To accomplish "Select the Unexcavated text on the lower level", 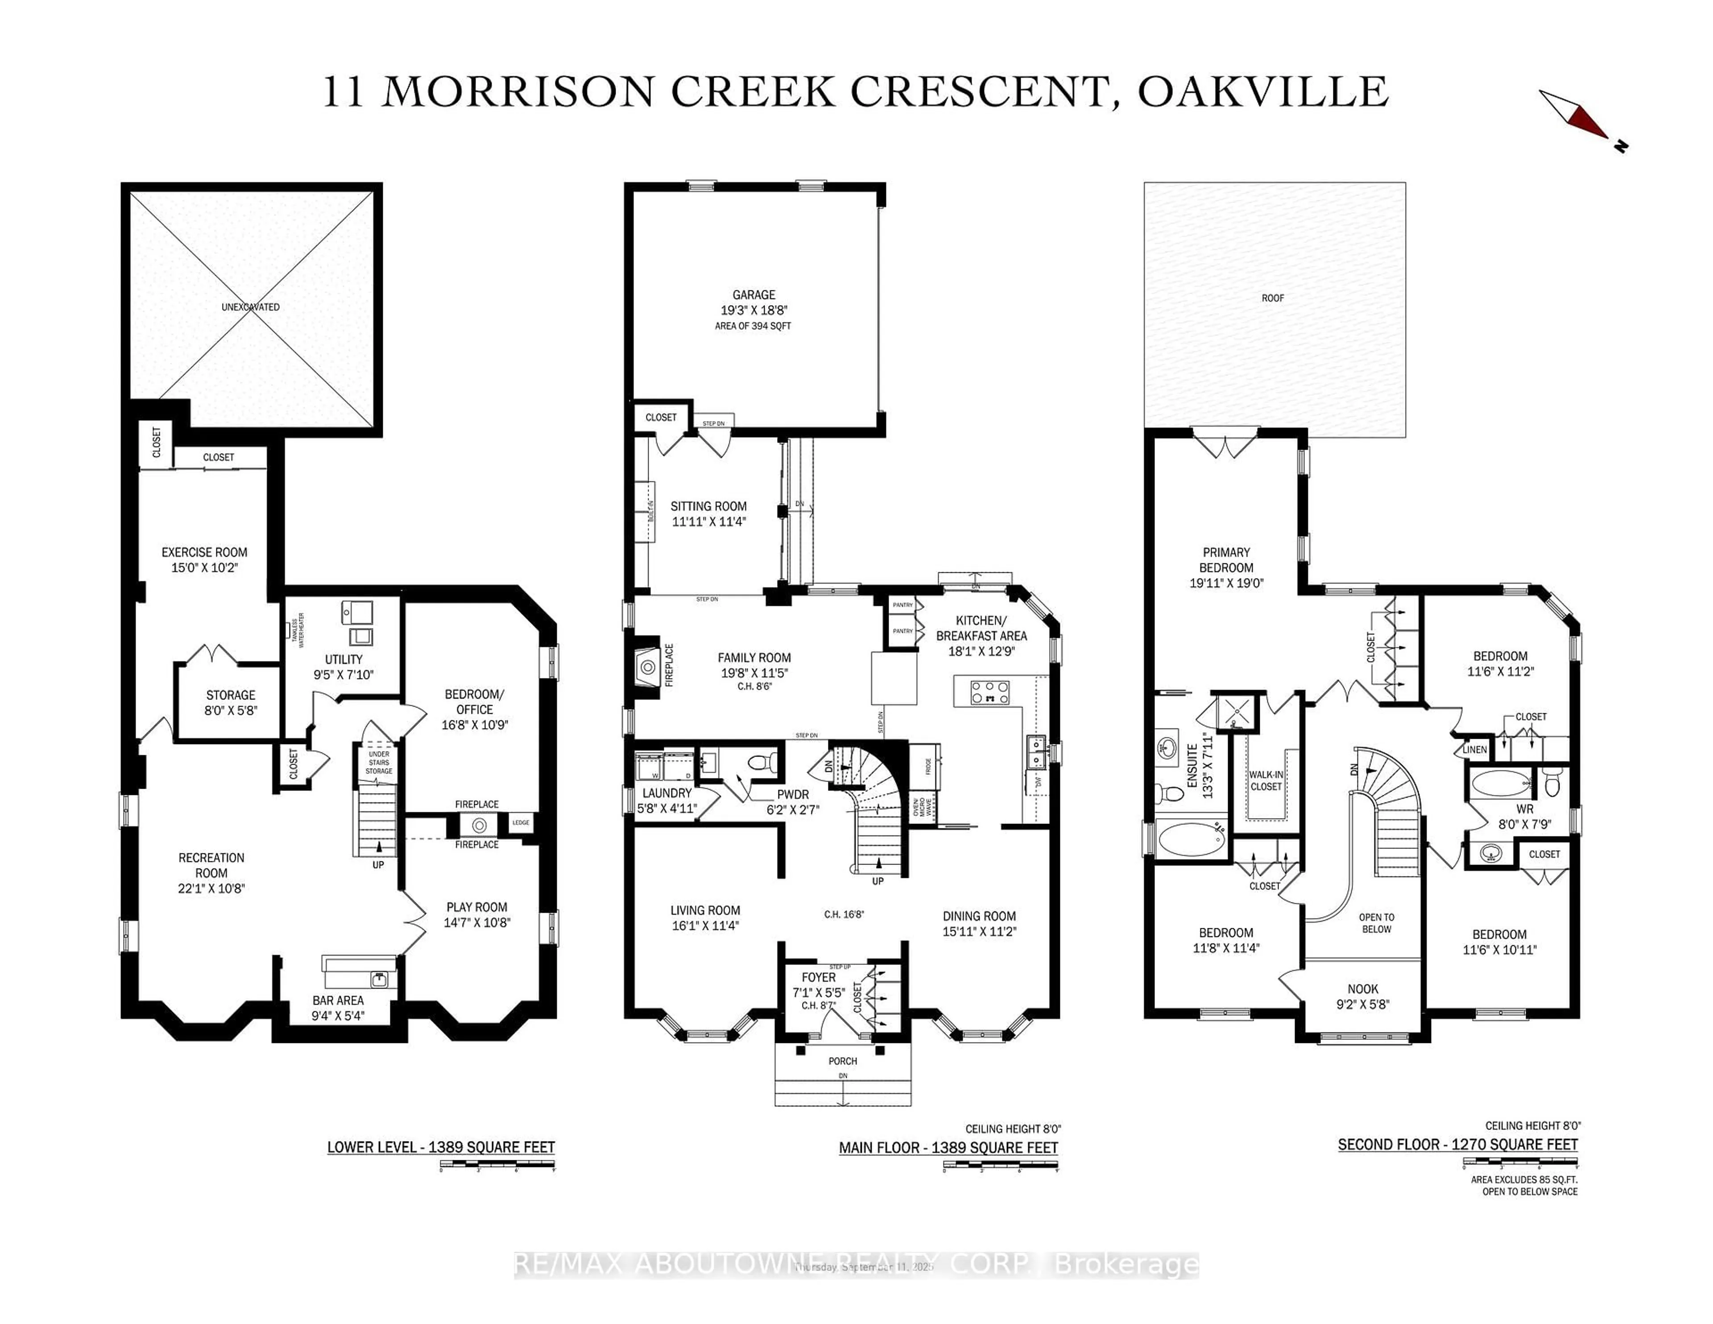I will coord(250,306).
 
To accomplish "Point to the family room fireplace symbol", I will coord(648,667).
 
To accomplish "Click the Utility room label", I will coord(343,659).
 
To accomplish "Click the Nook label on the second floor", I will coord(1362,989).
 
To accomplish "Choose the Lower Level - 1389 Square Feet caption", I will coord(441,1147).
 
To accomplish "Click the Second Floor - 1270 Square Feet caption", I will coord(1457,1144).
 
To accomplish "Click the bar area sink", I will coord(380,978).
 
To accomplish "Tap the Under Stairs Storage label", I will coord(379,762).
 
